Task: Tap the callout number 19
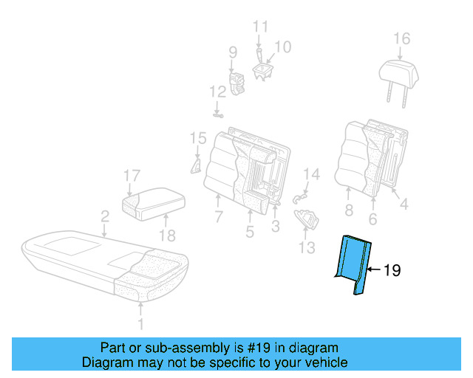[x=392, y=271]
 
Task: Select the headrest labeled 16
[x=399, y=72]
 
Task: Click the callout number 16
[x=401, y=38]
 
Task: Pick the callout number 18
[x=168, y=236]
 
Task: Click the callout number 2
[x=105, y=216]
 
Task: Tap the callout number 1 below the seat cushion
[x=140, y=323]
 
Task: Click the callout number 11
[x=259, y=27]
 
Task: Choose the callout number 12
[x=217, y=92]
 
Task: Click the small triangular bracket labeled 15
[x=197, y=164]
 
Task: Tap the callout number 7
[x=218, y=217]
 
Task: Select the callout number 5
[x=250, y=233]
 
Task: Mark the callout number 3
[x=275, y=227]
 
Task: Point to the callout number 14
[x=313, y=175]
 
